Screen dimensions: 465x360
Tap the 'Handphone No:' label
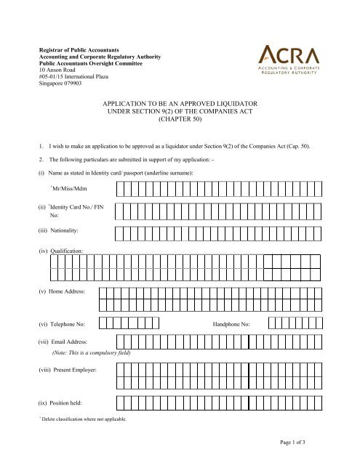tap(231, 324)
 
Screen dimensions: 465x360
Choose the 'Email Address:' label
tap(66, 341)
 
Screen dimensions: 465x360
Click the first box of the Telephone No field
tap(104, 324)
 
